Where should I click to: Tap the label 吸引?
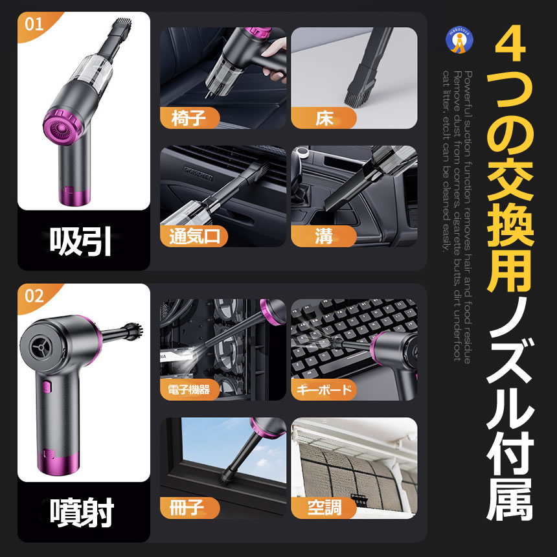82,242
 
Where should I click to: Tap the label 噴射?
82,514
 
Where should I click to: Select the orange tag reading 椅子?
189,119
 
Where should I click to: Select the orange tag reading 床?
324,119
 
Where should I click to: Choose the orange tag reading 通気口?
194,236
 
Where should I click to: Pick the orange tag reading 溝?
324,236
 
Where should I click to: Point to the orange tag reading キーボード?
324,390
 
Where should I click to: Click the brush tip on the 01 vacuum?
120,26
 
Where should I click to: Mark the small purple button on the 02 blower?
47,389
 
